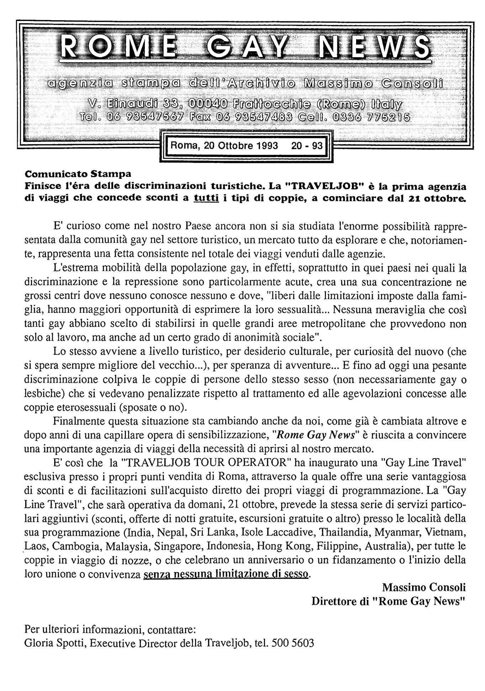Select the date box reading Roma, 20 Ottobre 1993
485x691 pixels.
pos(224,146)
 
